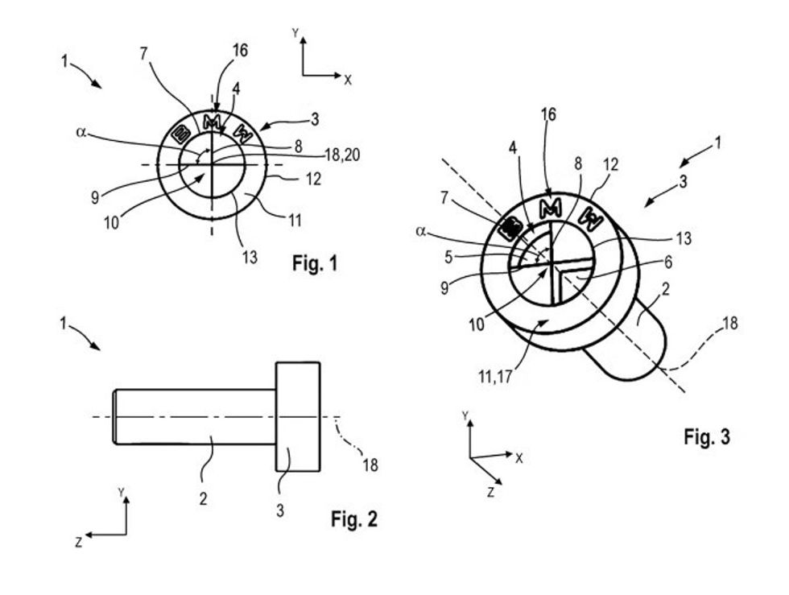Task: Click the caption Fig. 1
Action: click(315, 263)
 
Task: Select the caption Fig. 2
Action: click(353, 519)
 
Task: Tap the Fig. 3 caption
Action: click(707, 436)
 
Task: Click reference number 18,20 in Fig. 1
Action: click(343, 155)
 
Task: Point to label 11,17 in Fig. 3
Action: click(495, 377)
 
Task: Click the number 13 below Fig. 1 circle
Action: click(250, 257)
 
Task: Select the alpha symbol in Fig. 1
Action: click(81, 132)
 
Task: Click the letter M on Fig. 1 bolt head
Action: click(211, 122)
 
